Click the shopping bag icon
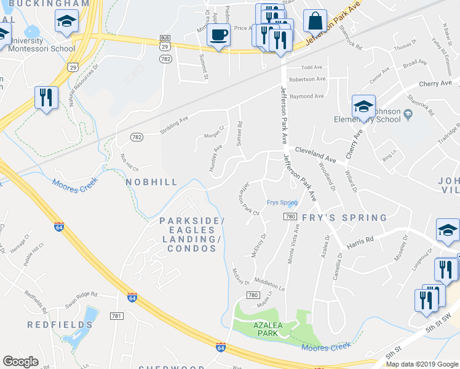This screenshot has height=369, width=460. (315, 22)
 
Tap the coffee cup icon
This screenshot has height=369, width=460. (218, 35)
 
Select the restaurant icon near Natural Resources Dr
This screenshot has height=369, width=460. (46, 98)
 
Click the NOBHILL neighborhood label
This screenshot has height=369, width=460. (151, 182)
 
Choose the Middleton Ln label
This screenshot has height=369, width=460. (269, 283)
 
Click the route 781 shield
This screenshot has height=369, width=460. (116, 316)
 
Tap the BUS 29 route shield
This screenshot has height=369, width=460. (164, 42)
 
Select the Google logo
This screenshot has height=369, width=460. (21, 362)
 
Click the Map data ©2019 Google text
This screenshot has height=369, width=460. (421, 364)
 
